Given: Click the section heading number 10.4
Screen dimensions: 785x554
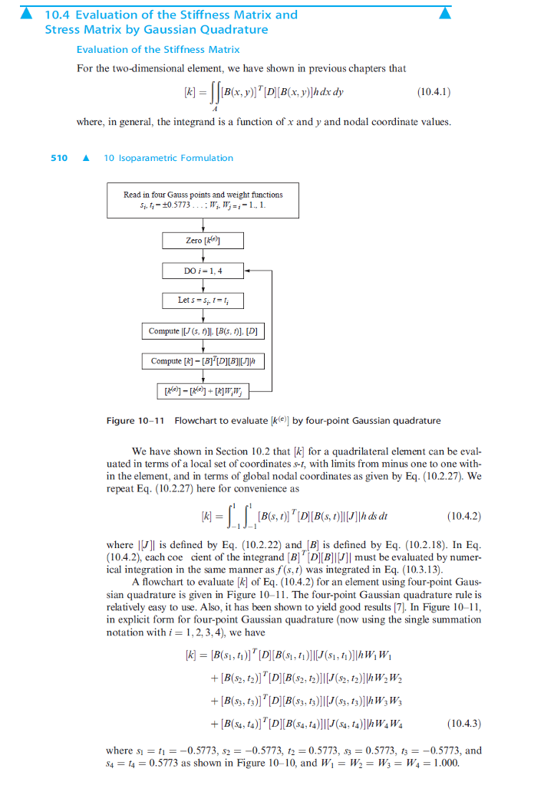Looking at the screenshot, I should click(x=58, y=15).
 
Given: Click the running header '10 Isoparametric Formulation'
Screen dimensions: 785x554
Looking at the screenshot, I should click(x=168, y=158).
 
